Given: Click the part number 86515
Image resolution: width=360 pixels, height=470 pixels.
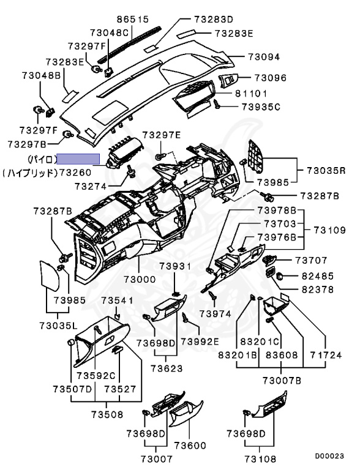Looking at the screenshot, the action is click(x=133, y=20).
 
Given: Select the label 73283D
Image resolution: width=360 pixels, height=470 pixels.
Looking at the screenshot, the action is click(x=214, y=20).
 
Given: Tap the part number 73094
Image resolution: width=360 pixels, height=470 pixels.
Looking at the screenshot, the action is click(x=264, y=57).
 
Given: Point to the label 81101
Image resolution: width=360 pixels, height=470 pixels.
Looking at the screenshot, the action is click(x=251, y=94).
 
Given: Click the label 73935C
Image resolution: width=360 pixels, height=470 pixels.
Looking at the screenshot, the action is click(x=261, y=106).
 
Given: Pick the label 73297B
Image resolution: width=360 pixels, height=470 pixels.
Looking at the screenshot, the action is click(x=27, y=144).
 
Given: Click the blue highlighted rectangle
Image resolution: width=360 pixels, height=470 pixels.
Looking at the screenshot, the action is click(x=78, y=159).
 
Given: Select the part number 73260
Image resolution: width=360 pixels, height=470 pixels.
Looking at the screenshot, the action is click(x=75, y=173).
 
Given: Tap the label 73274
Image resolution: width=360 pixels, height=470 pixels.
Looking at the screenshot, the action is click(x=91, y=187).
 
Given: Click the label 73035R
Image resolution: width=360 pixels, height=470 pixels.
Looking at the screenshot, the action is click(x=326, y=171).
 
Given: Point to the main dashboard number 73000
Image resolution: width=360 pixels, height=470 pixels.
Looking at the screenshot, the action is click(x=140, y=279).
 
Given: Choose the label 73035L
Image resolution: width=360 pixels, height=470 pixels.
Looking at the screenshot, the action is click(x=58, y=325).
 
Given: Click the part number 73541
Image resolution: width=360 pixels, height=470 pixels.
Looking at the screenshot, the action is click(x=117, y=300).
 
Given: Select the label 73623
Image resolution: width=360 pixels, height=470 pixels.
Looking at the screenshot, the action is click(x=167, y=368).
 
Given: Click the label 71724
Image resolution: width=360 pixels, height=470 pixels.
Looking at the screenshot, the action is click(x=326, y=355).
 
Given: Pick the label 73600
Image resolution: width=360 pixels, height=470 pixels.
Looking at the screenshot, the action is click(x=190, y=446).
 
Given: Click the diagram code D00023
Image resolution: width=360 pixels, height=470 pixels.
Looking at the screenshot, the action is click(x=329, y=456).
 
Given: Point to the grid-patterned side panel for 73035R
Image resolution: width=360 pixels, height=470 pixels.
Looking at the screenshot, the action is click(x=256, y=157).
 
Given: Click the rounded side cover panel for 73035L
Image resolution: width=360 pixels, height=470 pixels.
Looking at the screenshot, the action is click(x=50, y=276).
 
